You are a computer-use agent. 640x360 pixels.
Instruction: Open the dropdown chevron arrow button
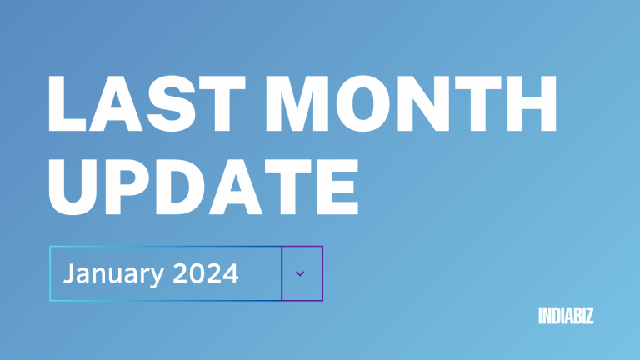pos(301,273)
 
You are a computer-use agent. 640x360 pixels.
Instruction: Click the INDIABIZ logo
pos(566,316)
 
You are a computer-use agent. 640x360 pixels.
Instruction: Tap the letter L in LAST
pos(69,107)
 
